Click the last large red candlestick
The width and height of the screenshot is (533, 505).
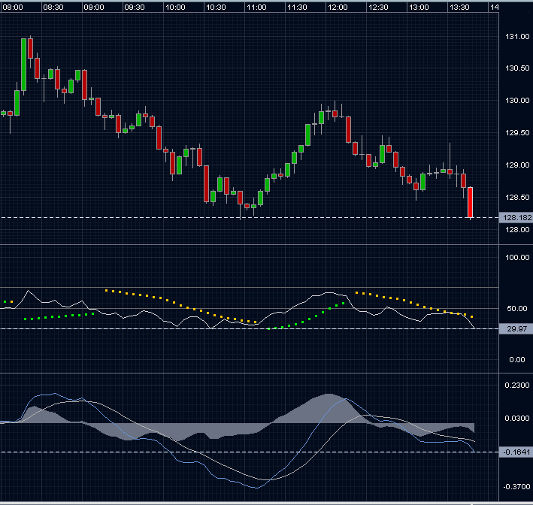470,202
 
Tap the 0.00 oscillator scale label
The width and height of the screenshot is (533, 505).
517,359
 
